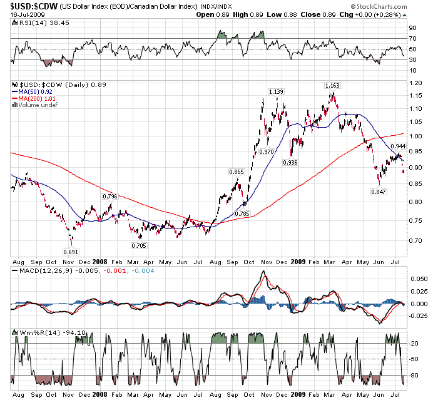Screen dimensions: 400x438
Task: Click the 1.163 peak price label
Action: pyautogui.click(x=332, y=85)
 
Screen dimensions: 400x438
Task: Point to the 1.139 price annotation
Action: pyautogui.click(x=276, y=92)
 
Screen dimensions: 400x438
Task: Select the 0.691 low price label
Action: pyautogui.click(x=70, y=252)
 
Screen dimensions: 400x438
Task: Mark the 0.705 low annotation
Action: pyautogui.click(x=138, y=245)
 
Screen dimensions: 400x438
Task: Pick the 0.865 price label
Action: pyautogui.click(x=236, y=172)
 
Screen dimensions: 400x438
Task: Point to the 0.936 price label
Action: pyautogui.click(x=290, y=163)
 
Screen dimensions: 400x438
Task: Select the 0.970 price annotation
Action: pyautogui.click(x=266, y=152)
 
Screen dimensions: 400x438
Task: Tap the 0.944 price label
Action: pyautogui.click(x=397, y=146)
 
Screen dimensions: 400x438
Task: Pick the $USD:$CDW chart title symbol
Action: pyautogui.click(x=27, y=5)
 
